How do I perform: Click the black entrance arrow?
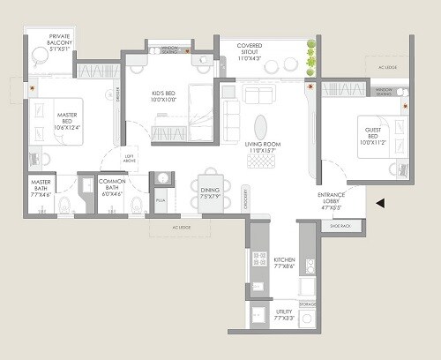(379, 203)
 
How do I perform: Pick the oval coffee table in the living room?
(261, 126)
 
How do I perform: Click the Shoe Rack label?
(340, 227)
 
